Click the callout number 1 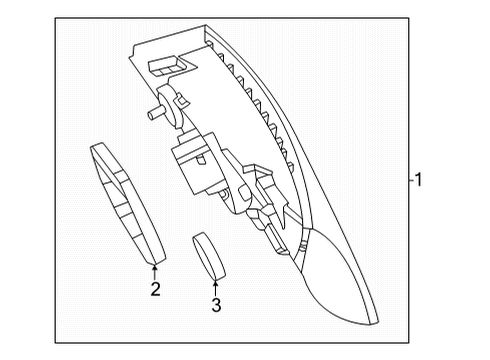pos(418,179)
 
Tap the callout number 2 pos(155,289)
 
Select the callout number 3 pos(216,305)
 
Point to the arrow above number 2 pos(154,272)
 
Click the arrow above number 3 pos(216,288)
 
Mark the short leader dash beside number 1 pos(412,180)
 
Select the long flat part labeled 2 pos(127,203)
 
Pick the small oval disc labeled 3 pos(209,255)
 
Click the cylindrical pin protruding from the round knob pos(154,113)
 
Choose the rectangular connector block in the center pos(197,163)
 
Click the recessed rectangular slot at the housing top pos(166,66)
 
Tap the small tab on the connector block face pos(202,160)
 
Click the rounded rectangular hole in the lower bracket pos(244,193)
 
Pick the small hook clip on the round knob pos(181,99)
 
